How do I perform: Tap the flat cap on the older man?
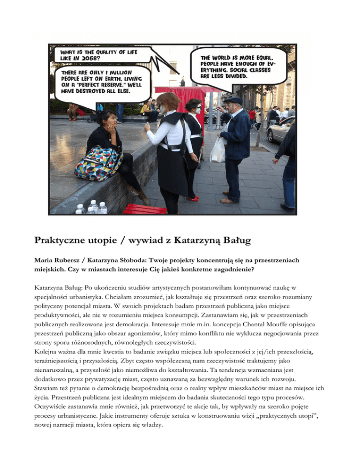point(232,100)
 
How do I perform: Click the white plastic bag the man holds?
point(217,150)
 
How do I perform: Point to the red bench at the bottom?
point(145,209)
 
